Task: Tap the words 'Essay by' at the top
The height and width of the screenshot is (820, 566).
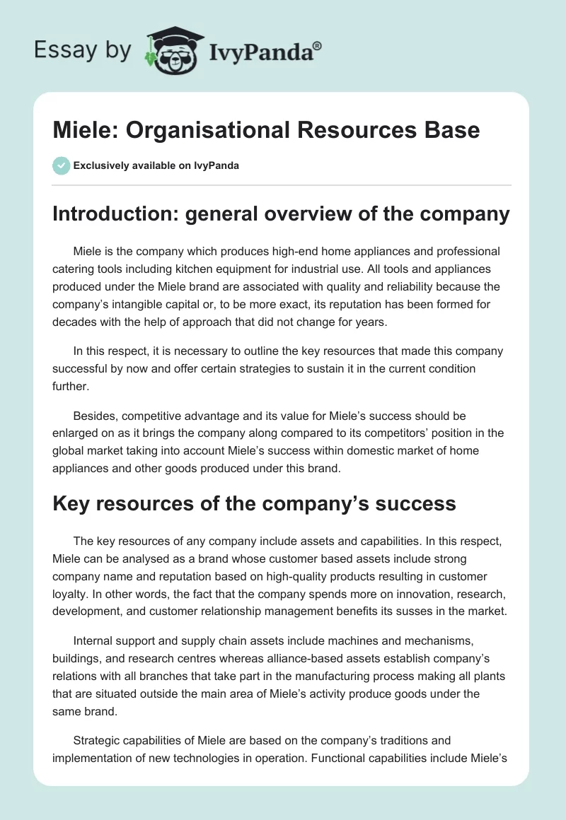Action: (x=83, y=50)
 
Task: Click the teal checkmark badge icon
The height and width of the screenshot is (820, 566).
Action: (x=61, y=165)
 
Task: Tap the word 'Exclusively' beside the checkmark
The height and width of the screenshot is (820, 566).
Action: (x=99, y=166)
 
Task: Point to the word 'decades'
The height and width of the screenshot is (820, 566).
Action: (x=73, y=322)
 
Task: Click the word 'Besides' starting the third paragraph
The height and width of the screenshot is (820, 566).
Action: (x=94, y=416)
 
